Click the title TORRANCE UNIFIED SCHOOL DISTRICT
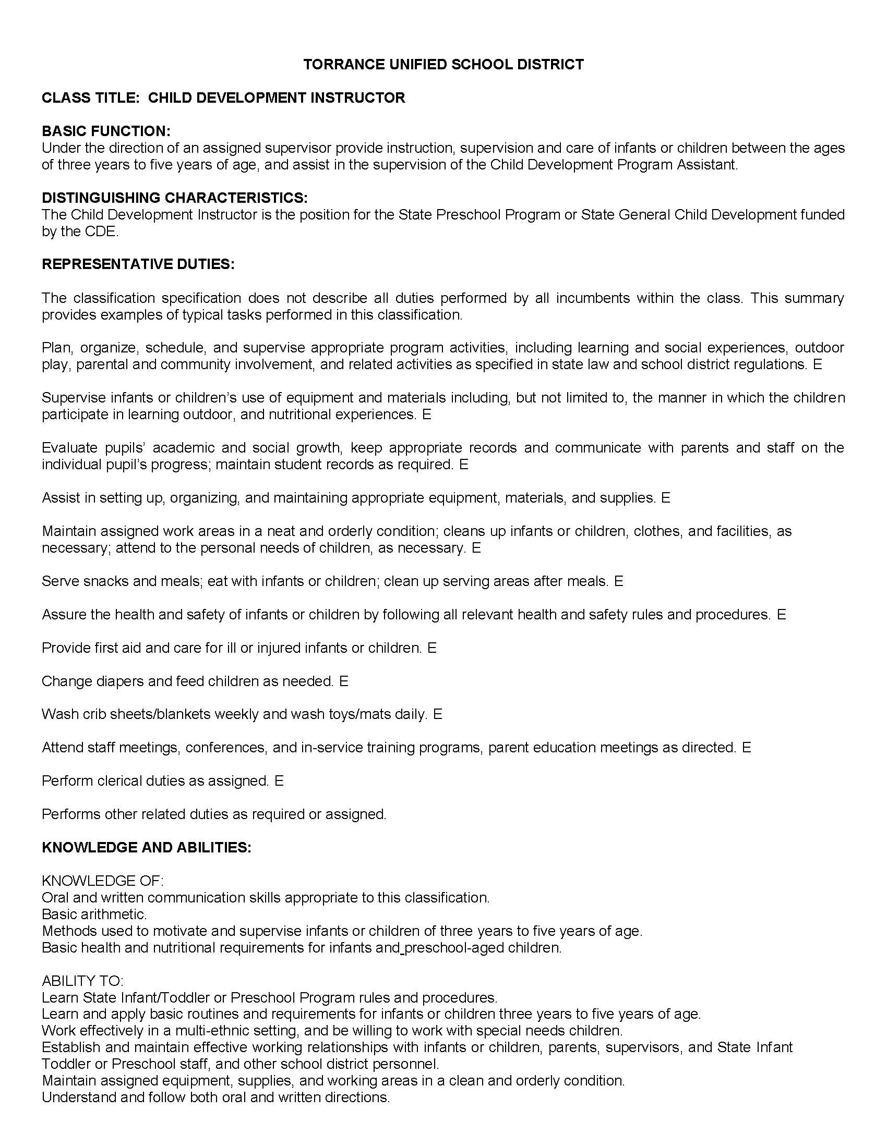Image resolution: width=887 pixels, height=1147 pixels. [443, 65]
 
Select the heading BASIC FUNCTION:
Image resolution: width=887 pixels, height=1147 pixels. [106, 131]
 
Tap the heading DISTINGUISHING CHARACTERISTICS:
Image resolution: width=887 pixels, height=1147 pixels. [174, 198]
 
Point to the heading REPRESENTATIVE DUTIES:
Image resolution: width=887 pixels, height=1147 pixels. [138, 264]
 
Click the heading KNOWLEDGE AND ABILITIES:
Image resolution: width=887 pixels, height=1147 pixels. [147, 847]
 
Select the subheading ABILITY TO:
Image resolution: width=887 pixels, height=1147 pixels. [82, 981]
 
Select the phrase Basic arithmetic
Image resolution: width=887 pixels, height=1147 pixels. [94, 914]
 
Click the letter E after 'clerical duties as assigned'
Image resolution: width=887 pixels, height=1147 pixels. [279, 781]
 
